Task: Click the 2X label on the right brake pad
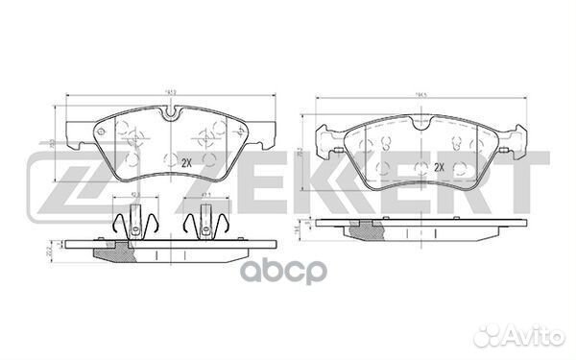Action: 440,168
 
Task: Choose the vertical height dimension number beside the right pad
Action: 302,150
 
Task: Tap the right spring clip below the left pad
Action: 203,225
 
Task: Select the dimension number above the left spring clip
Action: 134,196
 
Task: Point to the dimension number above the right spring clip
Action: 205,196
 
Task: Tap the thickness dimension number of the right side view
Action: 300,227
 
